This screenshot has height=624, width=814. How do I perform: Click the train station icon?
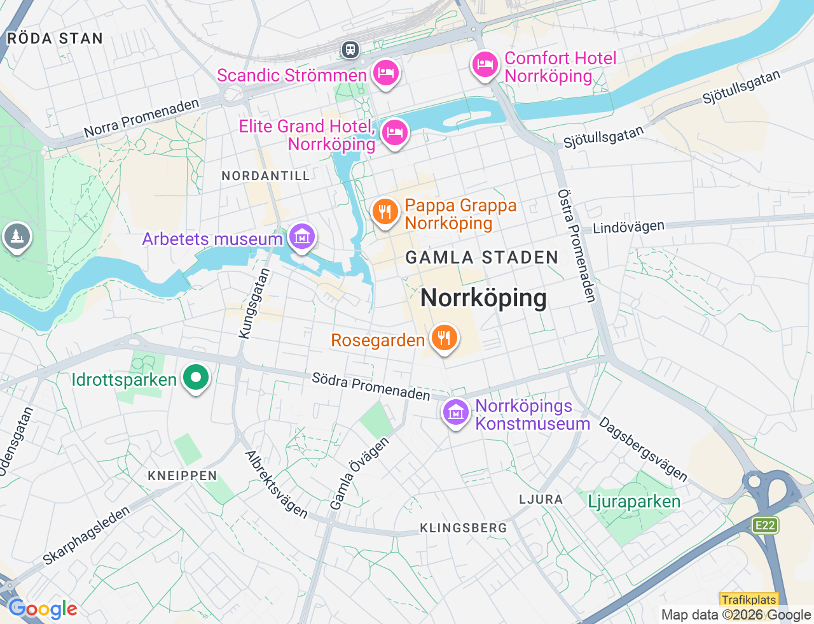click(x=350, y=50)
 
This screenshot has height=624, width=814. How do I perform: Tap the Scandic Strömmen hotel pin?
click(x=385, y=73)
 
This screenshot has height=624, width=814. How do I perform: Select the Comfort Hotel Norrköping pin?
click(x=485, y=65)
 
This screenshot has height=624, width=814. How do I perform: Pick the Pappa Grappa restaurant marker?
click(x=385, y=212)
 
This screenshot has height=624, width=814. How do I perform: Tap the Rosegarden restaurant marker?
click(x=445, y=337)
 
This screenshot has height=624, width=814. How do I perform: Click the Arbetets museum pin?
click(x=302, y=237)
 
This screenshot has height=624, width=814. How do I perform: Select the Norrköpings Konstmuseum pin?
click(x=456, y=413)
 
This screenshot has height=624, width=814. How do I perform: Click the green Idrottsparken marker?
click(x=196, y=378)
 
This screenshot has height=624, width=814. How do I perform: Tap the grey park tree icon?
click(x=17, y=237)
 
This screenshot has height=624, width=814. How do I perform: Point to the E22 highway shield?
click(x=764, y=525)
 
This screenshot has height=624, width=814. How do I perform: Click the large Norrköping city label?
click(x=483, y=298)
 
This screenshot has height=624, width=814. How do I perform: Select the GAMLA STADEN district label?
click(x=482, y=258)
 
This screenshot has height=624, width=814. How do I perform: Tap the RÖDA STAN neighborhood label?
click(x=55, y=39)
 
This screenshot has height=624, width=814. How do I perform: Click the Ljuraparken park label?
click(x=634, y=502)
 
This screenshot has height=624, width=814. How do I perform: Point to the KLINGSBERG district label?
click(x=464, y=528)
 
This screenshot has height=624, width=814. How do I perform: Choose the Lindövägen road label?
click(x=628, y=227)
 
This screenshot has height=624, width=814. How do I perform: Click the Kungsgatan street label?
click(x=254, y=304)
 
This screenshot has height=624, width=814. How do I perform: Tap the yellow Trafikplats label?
click(x=749, y=600)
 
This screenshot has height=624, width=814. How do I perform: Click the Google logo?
click(x=43, y=609)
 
